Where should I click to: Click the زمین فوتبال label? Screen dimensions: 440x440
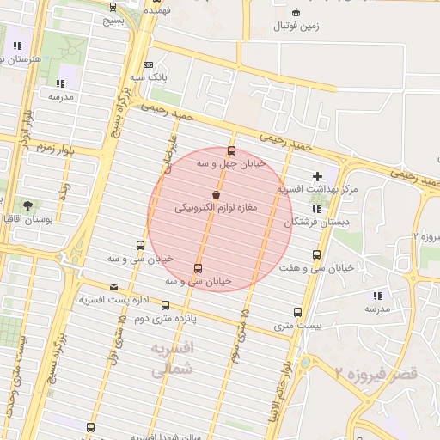[296, 27]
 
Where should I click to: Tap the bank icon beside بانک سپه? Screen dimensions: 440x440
[149, 65]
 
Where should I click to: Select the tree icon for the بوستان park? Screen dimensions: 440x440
[28, 205]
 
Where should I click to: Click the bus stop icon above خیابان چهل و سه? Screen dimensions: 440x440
[231, 150]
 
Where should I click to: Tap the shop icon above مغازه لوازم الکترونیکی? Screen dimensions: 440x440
[215, 195]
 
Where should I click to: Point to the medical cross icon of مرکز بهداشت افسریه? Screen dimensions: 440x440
[318, 176]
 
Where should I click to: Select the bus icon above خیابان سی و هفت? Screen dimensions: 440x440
[317, 254]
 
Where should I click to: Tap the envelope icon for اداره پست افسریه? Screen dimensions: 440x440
[114, 287]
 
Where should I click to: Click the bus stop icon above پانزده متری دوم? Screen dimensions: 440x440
[165, 305]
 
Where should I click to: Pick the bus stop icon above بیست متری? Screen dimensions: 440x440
[297, 313]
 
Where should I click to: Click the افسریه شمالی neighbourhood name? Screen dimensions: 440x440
[173, 360]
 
